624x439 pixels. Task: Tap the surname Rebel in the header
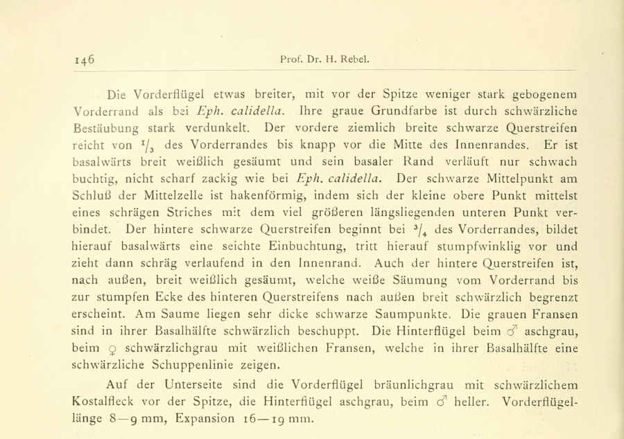354,60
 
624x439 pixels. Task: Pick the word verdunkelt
198,127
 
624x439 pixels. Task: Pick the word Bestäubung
114,129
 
